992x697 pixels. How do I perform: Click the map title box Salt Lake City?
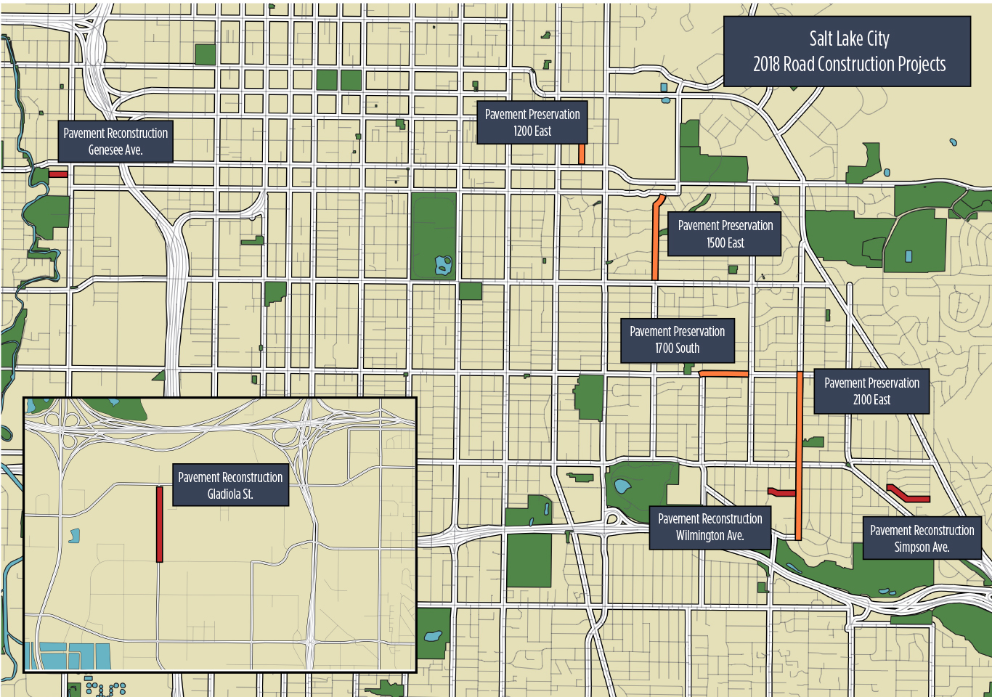tap(847, 52)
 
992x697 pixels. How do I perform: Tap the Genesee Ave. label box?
tap(115, 141)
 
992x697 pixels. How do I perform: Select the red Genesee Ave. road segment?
tap(58, 174)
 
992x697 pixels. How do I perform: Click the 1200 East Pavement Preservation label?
tap(532, 123)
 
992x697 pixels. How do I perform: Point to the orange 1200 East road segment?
tap(582, 153)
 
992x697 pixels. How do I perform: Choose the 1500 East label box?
tap(724, 234)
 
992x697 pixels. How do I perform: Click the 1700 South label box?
tap(677, 340)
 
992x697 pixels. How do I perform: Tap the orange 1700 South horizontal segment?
tap(723, 374)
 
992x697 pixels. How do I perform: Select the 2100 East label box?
tap(871, 391)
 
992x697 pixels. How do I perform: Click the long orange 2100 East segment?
tap(799, 450)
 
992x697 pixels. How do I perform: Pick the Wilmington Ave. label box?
tap(710, 527)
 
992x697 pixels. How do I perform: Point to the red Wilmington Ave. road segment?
tap(781, 493)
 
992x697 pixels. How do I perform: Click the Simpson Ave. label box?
tap(922, 538)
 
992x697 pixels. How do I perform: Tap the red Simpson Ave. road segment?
tap(908, 495)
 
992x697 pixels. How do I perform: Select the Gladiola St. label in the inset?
tap(230, 485)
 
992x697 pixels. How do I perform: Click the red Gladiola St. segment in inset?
tap(160, 524)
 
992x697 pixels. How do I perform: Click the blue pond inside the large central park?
tap(443, 266)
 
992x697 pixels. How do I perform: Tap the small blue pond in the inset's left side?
tap(73, 536)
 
